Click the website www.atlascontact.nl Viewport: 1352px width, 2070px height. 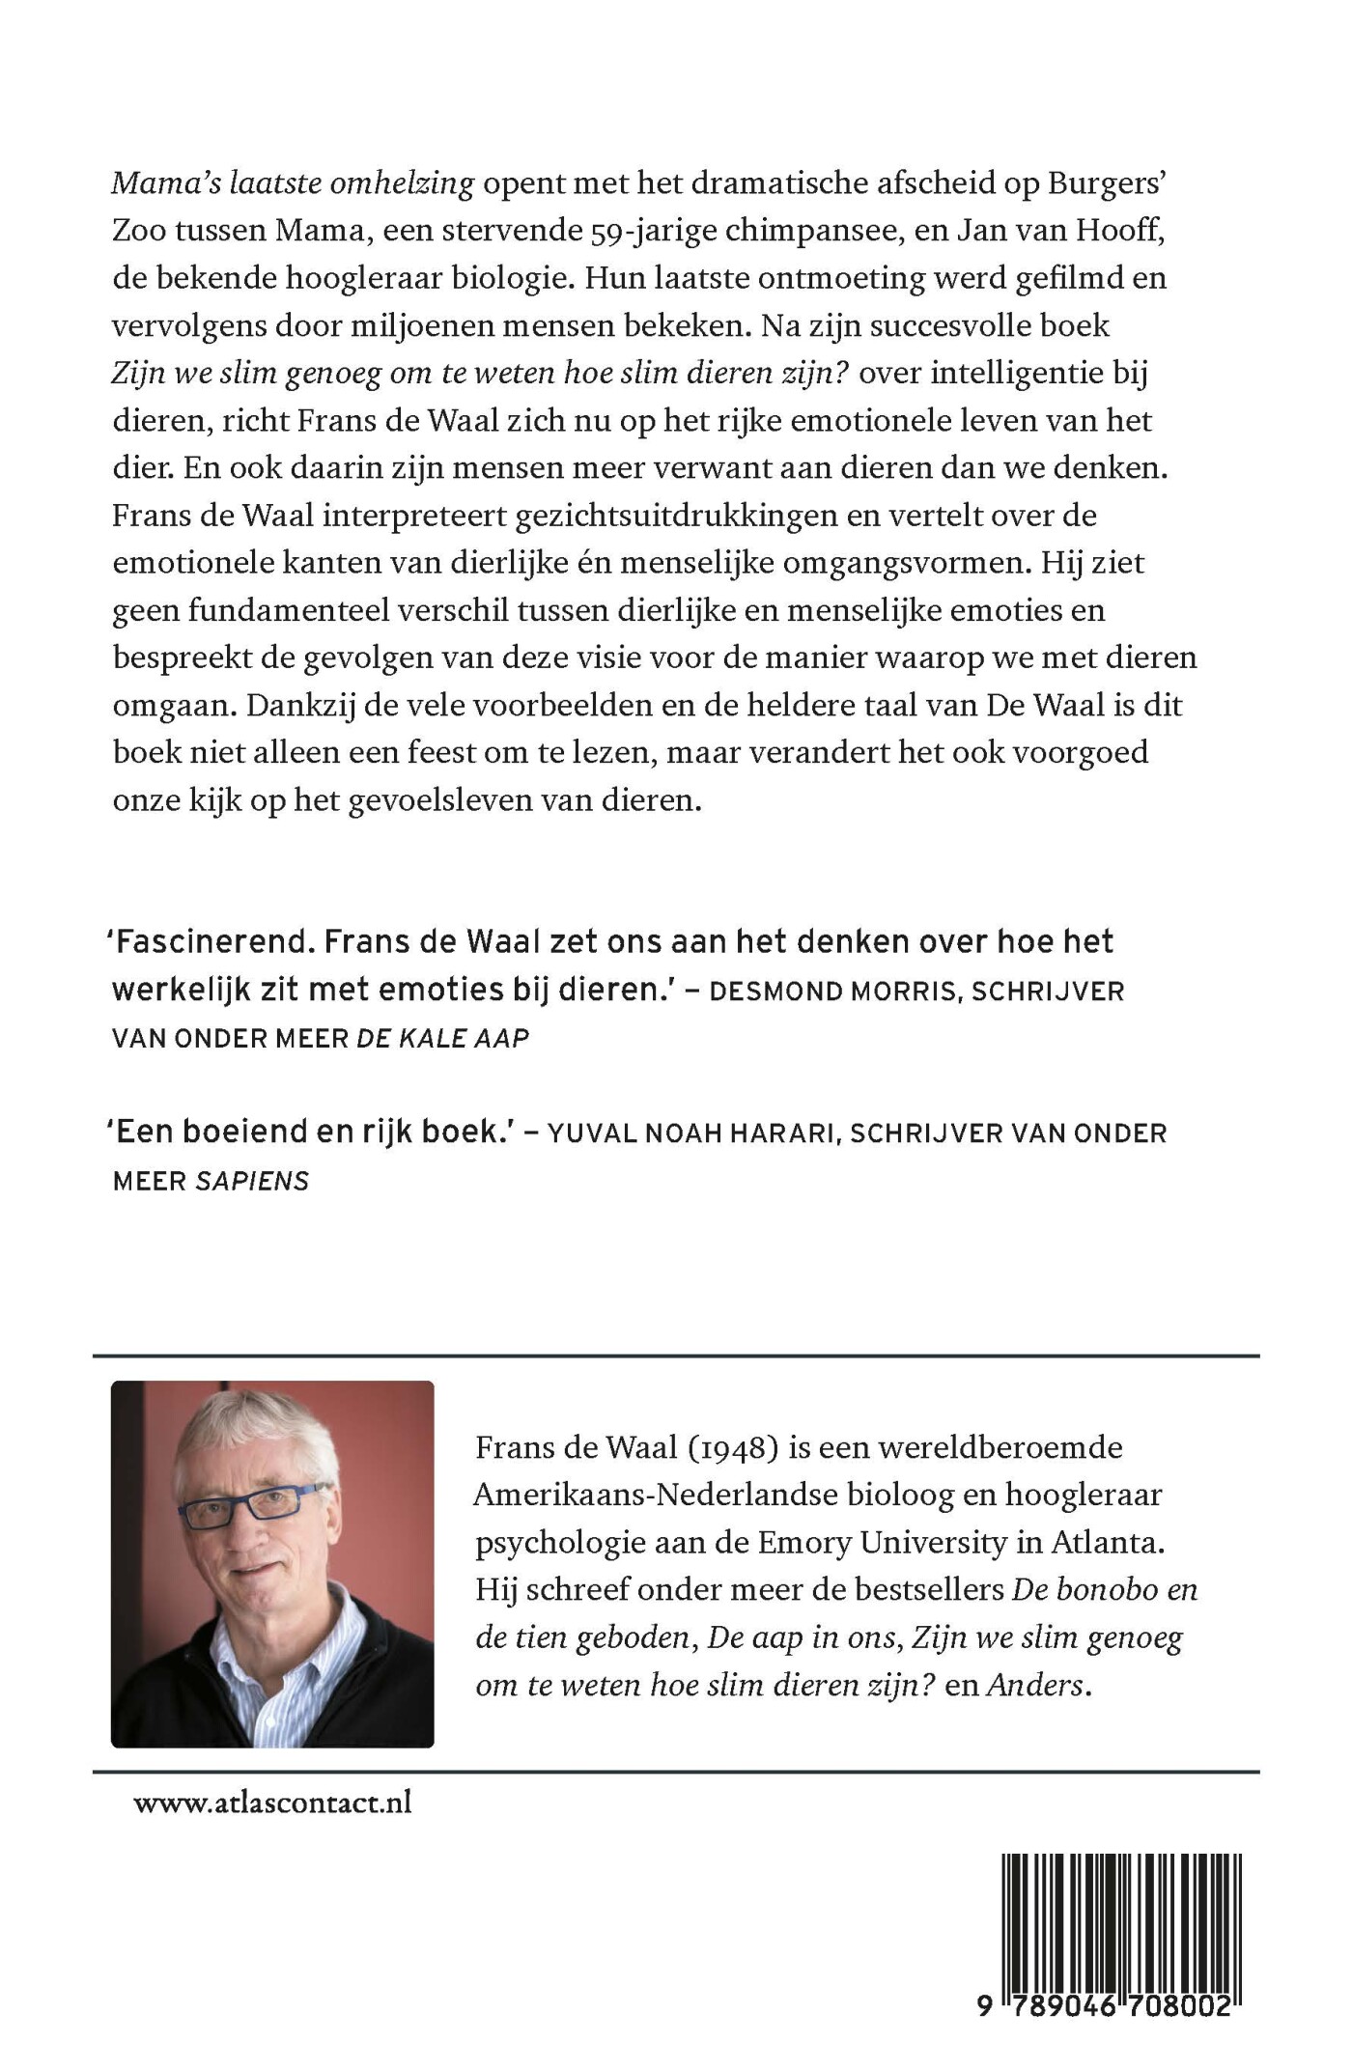(272, 1803)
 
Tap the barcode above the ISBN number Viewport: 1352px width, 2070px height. (1120, 1916)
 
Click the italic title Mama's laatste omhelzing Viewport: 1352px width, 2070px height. (293, 183)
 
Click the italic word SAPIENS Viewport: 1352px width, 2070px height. (252, 1181)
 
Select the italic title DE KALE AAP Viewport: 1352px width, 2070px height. (443, 1039)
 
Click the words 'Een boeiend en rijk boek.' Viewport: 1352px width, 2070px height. (309, 1132)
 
